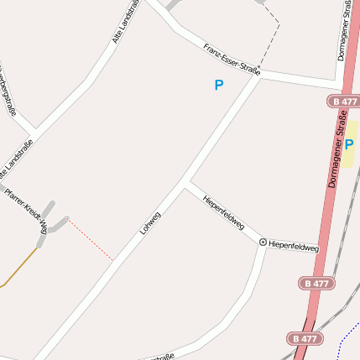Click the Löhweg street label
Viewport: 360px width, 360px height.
point(150,222)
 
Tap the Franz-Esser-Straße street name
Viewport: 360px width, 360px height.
point(232,59)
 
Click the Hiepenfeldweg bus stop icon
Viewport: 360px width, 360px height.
point(263,243)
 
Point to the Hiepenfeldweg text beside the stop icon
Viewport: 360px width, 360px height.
point(294,248)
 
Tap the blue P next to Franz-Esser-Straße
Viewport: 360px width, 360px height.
point(219,85)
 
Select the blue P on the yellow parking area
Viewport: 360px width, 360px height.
point(349,143)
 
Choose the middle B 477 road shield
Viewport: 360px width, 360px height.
point(317,284)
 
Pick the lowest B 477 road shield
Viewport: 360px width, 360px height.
point(305,338)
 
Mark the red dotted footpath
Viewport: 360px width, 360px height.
point(90,239)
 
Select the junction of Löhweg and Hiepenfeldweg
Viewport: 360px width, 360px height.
point(185,183)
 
